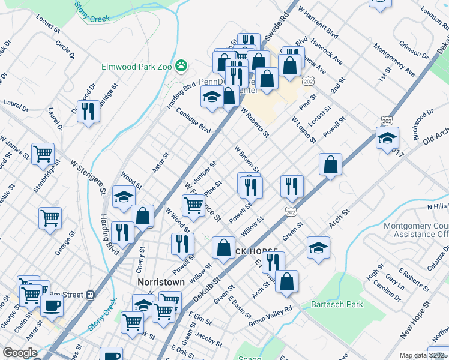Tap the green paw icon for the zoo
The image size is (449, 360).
point(181,65)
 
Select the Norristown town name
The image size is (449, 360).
point(160,281)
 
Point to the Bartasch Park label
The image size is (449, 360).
point(337,304)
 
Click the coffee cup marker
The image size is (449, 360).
point(52,305)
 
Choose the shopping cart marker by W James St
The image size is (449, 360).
point(43,154)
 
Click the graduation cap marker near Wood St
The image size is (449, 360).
point(124,197)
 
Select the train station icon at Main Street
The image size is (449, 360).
point(91,295)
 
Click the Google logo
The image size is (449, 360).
point(20,352)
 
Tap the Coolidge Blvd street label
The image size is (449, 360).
point(193,120)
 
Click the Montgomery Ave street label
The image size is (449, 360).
point(394,60)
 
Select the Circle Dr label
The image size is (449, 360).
point(64,50)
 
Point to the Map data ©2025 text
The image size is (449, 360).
point(423,355)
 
